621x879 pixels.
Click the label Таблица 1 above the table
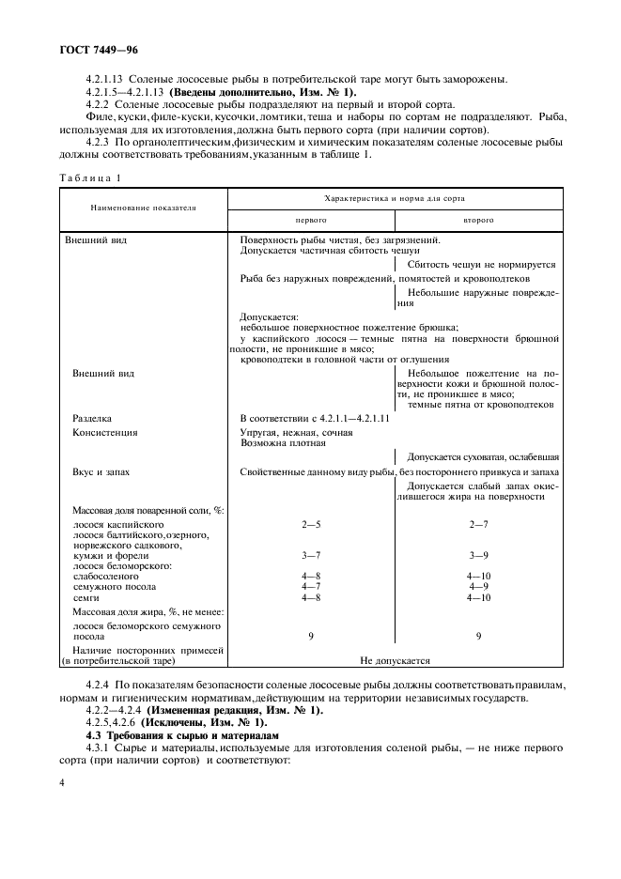point(91,177)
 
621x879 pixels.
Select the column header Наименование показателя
point(143,208)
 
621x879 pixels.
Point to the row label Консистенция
point(105,432)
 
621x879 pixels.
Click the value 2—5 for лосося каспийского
point(311,523)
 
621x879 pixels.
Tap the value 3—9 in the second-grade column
point(479,555)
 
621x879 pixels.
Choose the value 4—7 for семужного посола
point(311,586)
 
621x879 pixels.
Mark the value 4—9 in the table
point(479,586)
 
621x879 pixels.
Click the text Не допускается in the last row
point(395,660)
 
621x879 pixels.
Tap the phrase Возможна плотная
point(283,442)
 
